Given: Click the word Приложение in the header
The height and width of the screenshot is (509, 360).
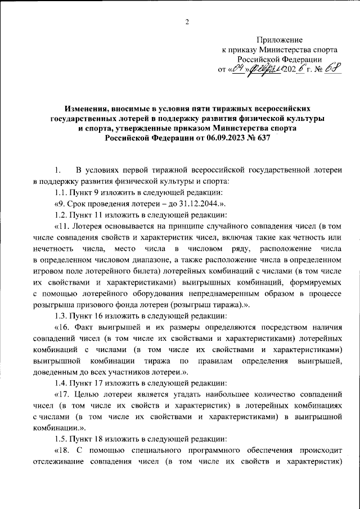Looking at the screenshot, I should pos(280,40).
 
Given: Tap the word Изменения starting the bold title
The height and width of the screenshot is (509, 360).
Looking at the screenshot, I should pos(84,107).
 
